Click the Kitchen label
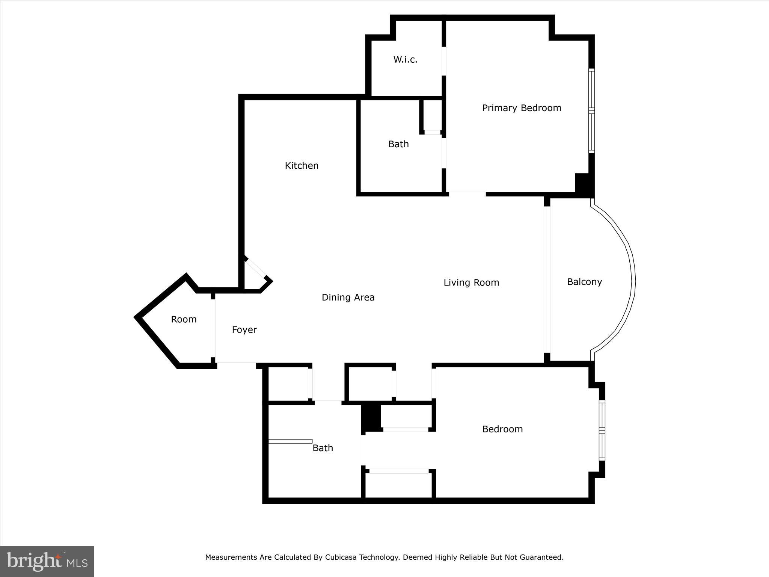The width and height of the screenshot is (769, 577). pyautogui.click(x=302, y=166)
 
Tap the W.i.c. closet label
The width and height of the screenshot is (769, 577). pyautogui.click(x=405, y=59)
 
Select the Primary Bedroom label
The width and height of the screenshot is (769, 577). pyautogui.click(x=522, y=108)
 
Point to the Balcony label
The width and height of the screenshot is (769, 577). pyautogui.click(x=584, y=282)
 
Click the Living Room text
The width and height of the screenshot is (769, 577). pyautogui.click(x=471, y=282)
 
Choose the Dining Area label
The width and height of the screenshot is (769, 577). pyautogui.click(x=348, y=298)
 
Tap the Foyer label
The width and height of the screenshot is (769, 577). pyautogui.click(x=244, y=330)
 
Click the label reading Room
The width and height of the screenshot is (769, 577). pyautogui.click(x=184, y=319)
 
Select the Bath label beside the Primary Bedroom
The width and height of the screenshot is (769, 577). pyautogui.click(x=398, y=144)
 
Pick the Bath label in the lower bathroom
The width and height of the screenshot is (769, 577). pyautogui.click(x=323, y=448)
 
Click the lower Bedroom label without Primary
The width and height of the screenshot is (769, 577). pyautogui.click(x=502, y=429)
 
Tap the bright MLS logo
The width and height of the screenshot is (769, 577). pyautogui.click(x=47, y=561)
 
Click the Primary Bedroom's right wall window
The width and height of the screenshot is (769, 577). pyautogui.click(x=592, y=111)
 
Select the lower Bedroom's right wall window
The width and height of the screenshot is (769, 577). pyautogui.click(x=602, y=430)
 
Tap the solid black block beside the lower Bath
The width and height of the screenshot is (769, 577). pyautogui.click(x=371, y=417)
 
